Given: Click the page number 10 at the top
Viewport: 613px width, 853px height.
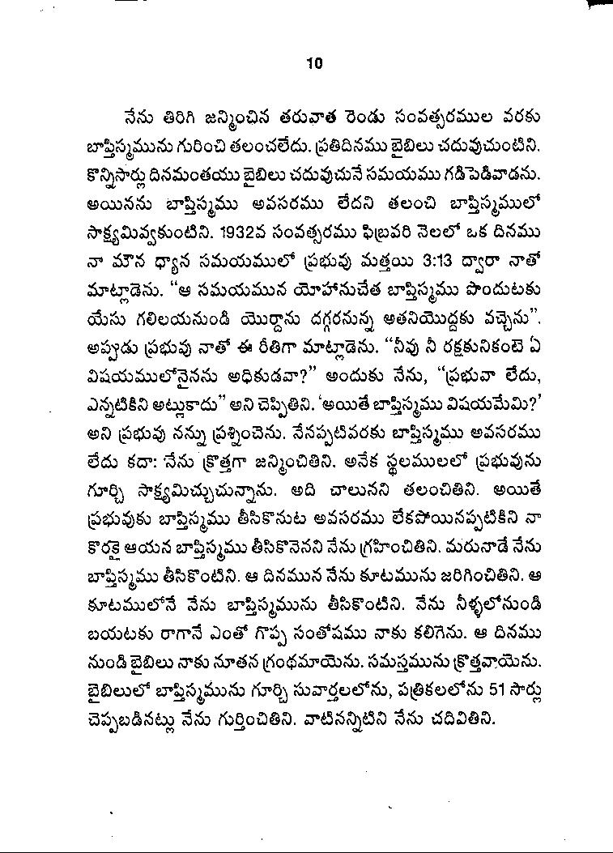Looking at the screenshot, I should tap(314, 64).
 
